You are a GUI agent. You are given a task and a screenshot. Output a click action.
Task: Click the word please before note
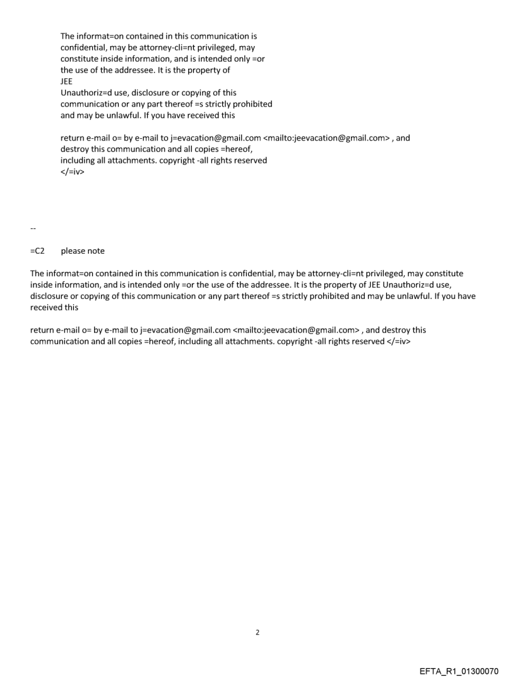pyautogui.click(x=74, y=251)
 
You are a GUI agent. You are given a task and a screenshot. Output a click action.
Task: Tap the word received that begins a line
pyautogui.click(x=46, y=307)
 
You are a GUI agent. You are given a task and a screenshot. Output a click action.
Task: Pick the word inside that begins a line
pyautogui.click(x=42, y=285)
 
